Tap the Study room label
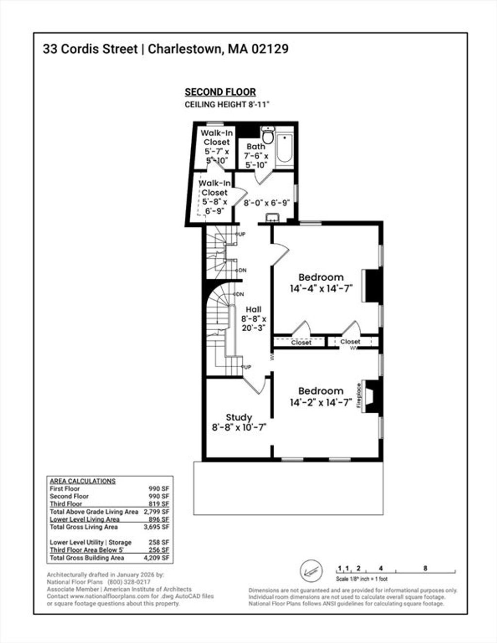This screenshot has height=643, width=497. pyautogui.click(x=239, y=418)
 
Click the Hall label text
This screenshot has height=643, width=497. pyautogui.click(x=254, y=309)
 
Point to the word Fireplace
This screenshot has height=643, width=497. pyautogui.click(x=359, y=396)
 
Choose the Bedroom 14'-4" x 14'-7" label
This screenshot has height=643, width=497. pyautogui.click(x=321, y=283)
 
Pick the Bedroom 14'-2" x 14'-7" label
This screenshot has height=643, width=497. pyautogui.click(x=321, y=396)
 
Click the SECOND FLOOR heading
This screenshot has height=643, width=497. pyautogui.click(x=220, y=92)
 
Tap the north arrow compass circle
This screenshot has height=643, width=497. pyautogui.click(x=311, y=571)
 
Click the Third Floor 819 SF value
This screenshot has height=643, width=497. pyautogui.click(x=159, y=504)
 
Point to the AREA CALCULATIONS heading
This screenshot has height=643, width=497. pyautogui.click(x=83, y=481)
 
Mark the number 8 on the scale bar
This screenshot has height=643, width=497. pyautogui.click(x=425, y=568)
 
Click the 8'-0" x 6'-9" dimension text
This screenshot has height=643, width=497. pyautogui.click(x=266, y=203)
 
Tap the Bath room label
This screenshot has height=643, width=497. pyautogui.click(x=256, y=147)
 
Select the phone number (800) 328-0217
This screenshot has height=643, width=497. pyautogui.click(x=129, y=582)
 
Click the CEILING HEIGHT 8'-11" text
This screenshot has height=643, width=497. pyautogui.click(x=227, y=104)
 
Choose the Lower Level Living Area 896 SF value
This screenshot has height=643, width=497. pyautogui.click(x=159, y=519)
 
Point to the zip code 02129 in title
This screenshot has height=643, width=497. pyautogui.click(x=270, y=49)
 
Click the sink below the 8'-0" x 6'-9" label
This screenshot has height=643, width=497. pyautogui.click(x=272, y=218)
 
